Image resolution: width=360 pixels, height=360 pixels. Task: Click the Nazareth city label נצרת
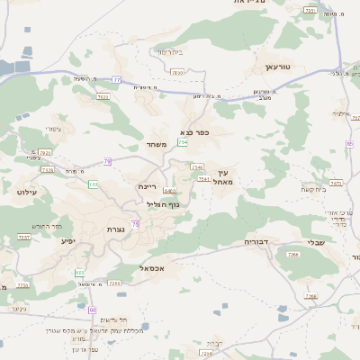click(x=115, y=229)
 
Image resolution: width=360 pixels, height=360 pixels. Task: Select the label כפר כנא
click(x=194, y=132)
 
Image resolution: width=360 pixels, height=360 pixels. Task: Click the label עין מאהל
click(x=225, y=176)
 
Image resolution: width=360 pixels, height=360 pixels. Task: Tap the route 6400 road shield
click(x=170, y=191)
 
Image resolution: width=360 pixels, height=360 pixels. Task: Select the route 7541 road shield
click(x=203, y=179)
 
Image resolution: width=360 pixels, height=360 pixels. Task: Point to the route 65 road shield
click(x=349, y=144)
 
